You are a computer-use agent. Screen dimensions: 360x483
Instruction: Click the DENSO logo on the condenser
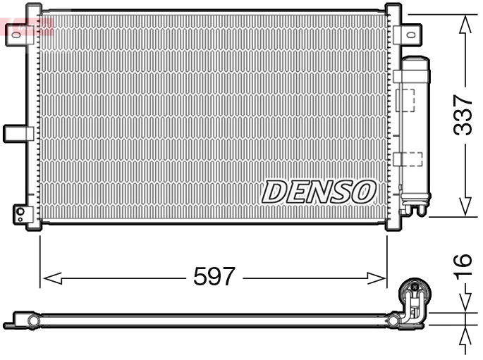[319, 191]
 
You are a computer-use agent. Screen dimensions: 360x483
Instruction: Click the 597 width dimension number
[214, 277]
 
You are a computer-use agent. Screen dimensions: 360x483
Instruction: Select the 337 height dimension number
[463, 115]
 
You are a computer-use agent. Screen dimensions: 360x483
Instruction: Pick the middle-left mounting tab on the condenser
[18, 132]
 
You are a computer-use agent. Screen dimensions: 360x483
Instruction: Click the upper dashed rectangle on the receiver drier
[405, 99]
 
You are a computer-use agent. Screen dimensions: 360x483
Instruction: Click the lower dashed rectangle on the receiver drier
[408, 159]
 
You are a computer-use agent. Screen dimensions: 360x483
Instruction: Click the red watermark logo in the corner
[27, 27]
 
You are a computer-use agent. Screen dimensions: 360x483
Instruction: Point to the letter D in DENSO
[275, 192]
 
